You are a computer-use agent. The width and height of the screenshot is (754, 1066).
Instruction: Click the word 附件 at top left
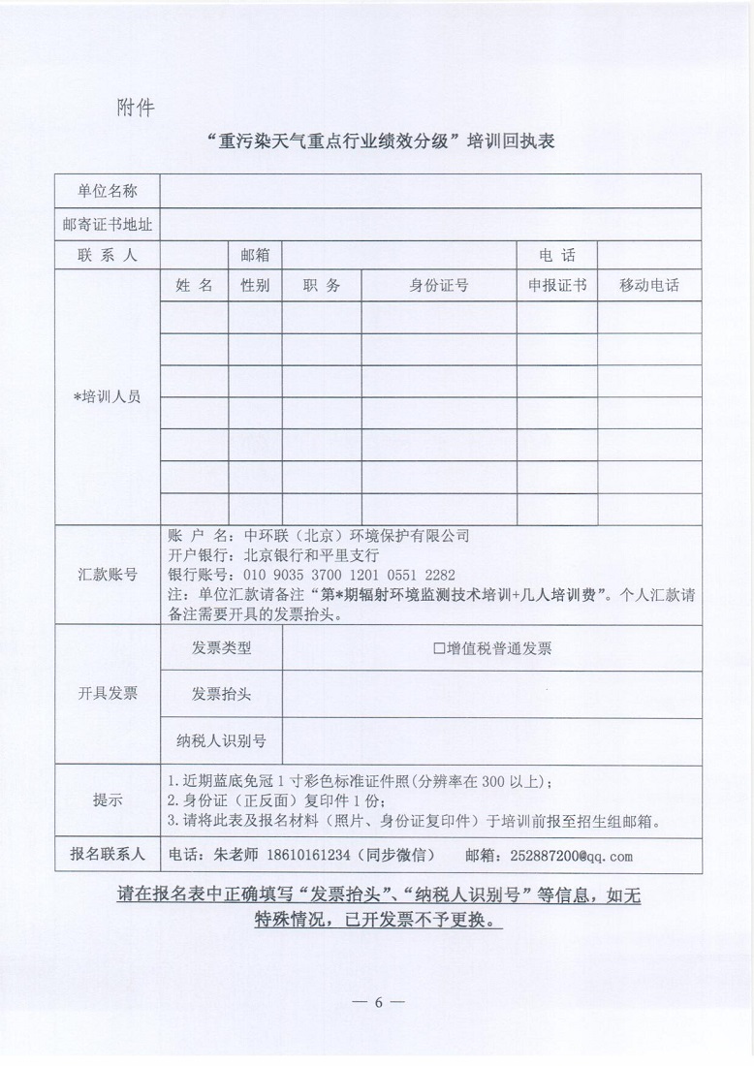click(136, 107)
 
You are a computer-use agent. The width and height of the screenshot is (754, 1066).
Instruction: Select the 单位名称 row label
click(108, 191)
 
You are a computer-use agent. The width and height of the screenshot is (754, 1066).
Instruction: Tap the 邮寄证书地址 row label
click(108, 224)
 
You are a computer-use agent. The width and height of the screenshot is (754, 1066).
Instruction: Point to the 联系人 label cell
click(108, 256)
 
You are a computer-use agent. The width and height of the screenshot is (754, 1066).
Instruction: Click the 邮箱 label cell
click(255, 256)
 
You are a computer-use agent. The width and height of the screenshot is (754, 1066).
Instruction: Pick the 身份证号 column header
click(438, 286)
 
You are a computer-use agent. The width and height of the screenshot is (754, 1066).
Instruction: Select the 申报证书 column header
click(556, 286)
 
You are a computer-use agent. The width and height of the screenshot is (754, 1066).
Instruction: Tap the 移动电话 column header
click(648, 286)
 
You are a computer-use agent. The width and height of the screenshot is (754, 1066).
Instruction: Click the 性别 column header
click(255, 286)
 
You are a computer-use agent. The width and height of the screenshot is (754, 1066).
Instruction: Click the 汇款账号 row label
click(108, 575)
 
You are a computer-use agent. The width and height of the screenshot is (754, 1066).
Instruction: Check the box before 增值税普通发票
click(439, 649)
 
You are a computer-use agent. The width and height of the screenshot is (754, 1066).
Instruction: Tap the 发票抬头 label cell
click(222, 694)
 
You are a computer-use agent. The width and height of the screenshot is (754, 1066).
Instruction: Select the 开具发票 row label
click(108, 694)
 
